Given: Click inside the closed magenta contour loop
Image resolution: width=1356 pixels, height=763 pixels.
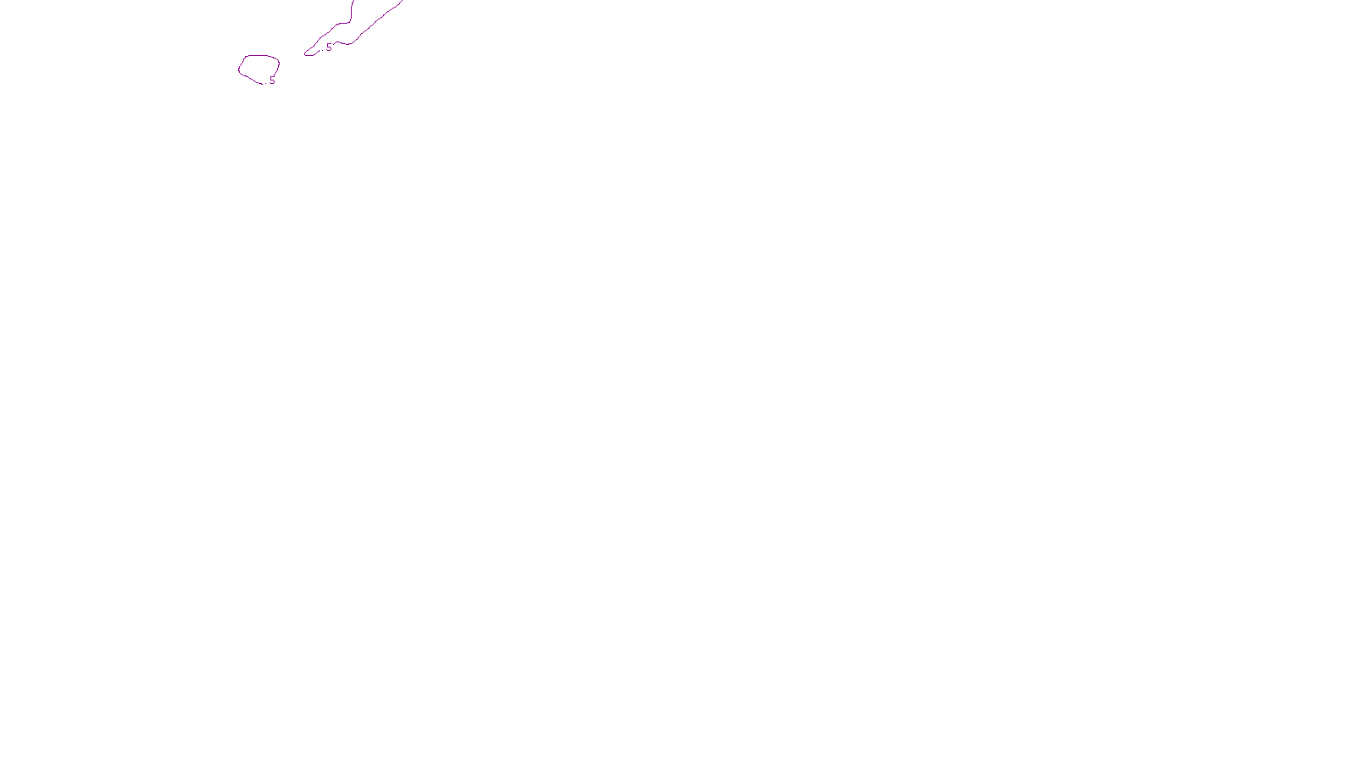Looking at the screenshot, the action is click(x=258, y=68).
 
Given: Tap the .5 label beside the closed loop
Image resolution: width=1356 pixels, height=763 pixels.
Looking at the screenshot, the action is click(x=271, y=81).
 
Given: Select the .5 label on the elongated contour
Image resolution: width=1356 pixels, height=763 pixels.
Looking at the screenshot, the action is click(x=328, y=47).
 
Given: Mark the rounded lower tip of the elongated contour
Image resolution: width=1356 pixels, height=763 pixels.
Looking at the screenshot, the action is click(x=307, y=53).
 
